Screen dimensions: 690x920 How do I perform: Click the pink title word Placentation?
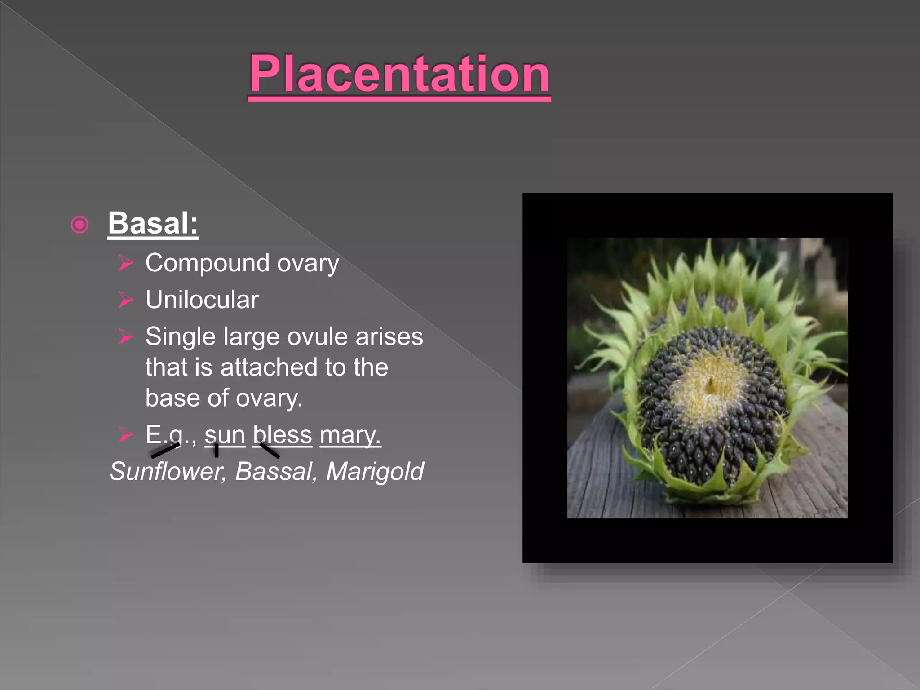tap(399, 74)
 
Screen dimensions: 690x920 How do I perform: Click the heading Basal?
tap(153, 223)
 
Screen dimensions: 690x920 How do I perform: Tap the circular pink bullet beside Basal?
tap(80, 225)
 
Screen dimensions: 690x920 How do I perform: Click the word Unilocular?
tap(202, 300)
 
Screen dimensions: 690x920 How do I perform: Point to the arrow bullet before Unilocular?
tap(126, 300)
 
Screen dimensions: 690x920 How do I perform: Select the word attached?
tap(269, 367)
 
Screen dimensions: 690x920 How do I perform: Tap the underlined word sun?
tap(225, 435)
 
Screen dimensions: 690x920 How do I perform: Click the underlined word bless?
tap(282, 435)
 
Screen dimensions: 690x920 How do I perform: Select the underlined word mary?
tap(350, 435)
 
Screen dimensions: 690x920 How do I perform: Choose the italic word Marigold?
tap(375, 472)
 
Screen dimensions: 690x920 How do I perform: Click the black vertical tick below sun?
tap(217, 450)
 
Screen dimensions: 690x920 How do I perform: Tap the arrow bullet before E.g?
tap(126, 435)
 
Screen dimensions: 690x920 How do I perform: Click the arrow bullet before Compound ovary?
tap(126, 263)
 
